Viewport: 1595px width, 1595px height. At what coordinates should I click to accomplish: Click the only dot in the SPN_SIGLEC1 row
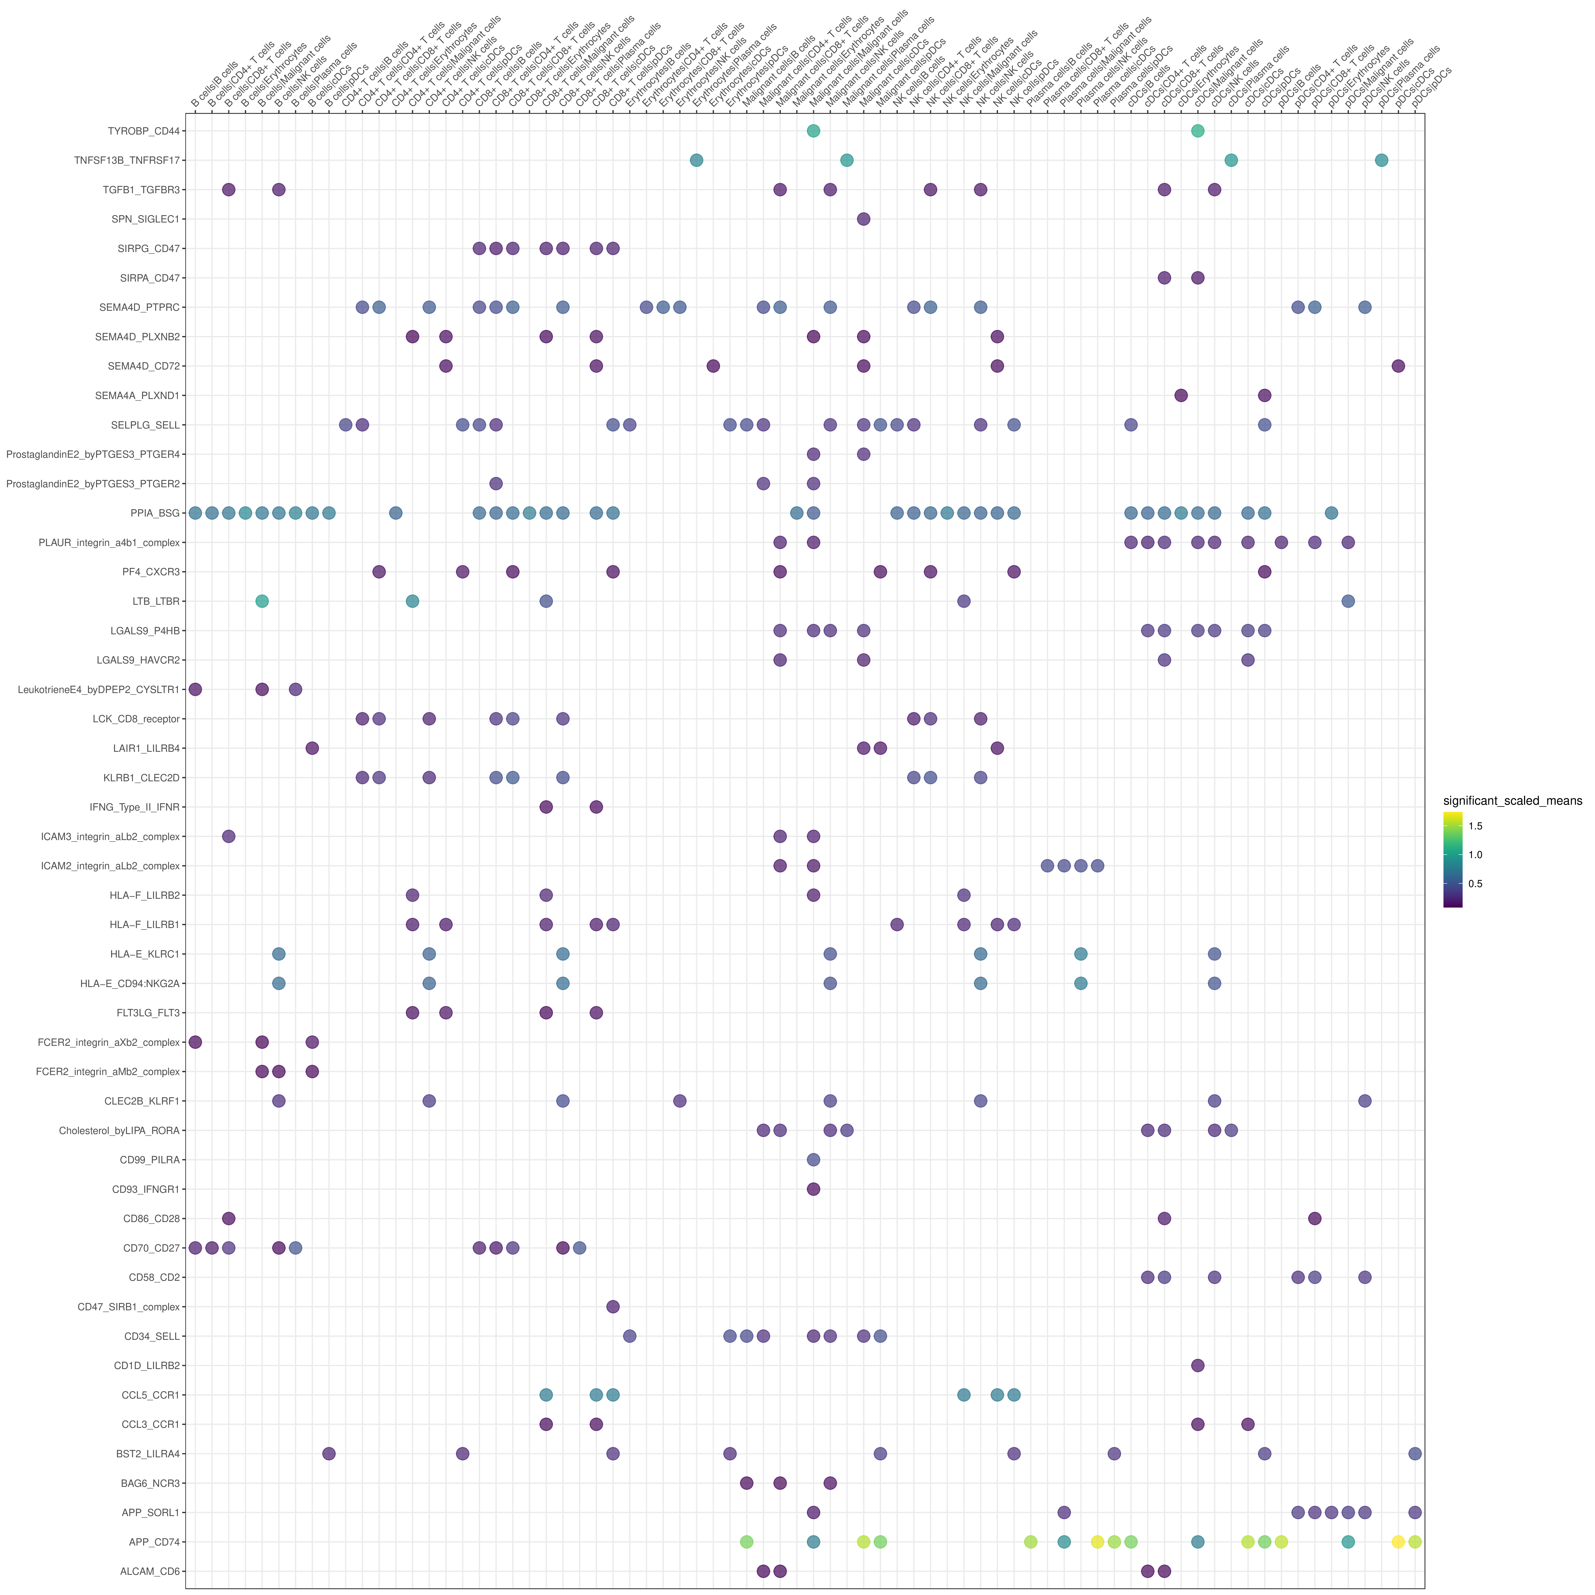pyautogui.click(x=863, y=219)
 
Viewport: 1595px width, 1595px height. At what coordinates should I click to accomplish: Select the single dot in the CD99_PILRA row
pyautogui.click(x=813, y=1160)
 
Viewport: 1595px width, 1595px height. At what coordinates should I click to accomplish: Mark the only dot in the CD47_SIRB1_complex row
pyautogui.click(x=612, y=1307)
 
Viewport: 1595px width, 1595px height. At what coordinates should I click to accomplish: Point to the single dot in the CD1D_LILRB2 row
pyautogui.click(x=1198, y=1366)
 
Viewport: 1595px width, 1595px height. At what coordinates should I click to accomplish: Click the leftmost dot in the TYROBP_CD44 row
pyautogui.click(x=813, y=131)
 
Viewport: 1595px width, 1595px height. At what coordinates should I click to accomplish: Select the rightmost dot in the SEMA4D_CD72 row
pyautogui.click(x=1398, y=366)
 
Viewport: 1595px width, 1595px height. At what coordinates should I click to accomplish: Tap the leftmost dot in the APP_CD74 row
pyautogui.click(x=746, y=1542)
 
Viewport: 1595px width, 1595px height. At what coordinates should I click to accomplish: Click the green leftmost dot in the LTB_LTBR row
pyautogui.click(x=262, y=601)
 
